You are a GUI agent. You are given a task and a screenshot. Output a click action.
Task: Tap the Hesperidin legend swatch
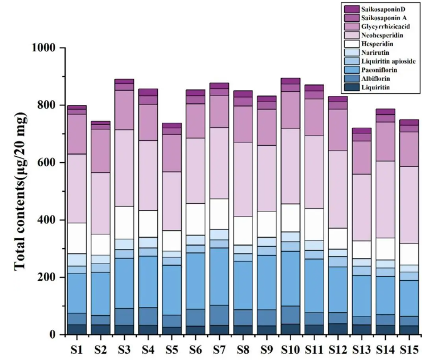[350, 44]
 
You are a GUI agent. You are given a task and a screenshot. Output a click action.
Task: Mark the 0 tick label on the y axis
[53, 335]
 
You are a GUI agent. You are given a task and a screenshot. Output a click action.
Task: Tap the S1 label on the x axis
[78, 349]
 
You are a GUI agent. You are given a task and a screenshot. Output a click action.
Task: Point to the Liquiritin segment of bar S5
[172, 330]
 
